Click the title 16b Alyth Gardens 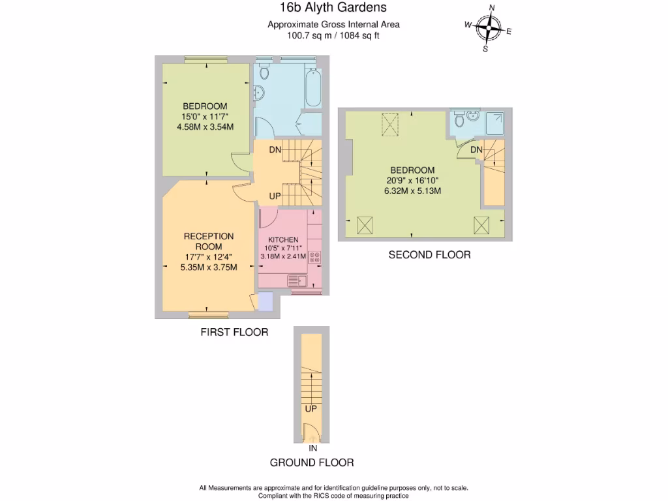tap(333, 8)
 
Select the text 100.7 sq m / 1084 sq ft tap(333, 36)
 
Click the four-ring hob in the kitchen tap(314, 258)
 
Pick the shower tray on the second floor tap(495, 122)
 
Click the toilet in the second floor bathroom tap(460, 119)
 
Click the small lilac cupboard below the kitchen tap(266, 301)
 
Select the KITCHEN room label tap(283, 240)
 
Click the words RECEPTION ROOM tap(208, 241)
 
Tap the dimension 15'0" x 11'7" tap(205, 117)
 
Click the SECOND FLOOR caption tap(429, 255)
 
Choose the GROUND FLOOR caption tap(312, 463)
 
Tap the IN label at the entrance tap(312, 449)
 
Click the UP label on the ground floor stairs tap(311, 409)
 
